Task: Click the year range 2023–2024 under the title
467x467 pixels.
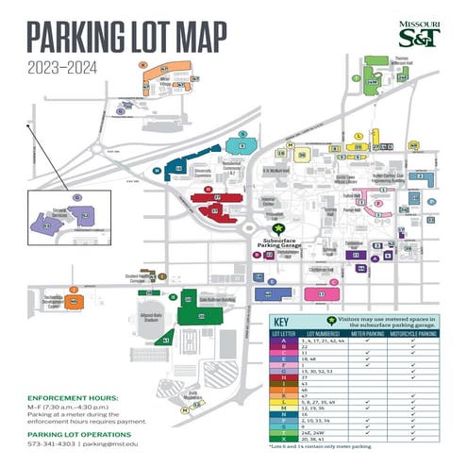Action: [63, 66]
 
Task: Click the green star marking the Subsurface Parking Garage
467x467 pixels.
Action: [277, 228]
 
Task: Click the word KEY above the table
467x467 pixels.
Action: [287, 320]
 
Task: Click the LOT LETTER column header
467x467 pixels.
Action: [284, 332]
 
